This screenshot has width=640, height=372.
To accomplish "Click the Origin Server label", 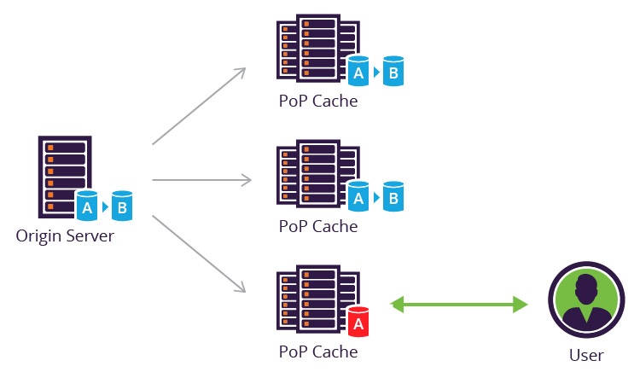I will [64, 235].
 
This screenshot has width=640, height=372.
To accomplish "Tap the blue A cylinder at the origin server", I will [86, 206].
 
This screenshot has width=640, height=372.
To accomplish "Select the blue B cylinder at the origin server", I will [122, 206].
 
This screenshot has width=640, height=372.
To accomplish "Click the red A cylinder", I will [358, 322].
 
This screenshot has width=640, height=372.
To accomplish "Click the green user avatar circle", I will [585, 302].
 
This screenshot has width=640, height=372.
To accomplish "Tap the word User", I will [585, 355].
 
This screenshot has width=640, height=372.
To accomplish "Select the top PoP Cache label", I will [317, 102].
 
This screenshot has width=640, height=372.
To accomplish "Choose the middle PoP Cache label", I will [317, 227].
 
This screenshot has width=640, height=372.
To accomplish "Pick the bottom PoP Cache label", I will [317, 351].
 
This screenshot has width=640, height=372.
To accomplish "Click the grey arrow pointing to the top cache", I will [200, 106].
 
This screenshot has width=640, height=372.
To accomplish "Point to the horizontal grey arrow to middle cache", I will [201, 180].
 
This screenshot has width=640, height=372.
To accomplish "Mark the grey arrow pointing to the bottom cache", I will [200, 253].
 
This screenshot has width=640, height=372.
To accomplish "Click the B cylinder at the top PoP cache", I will [393, 73].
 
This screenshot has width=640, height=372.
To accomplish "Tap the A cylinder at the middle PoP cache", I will [358, 198].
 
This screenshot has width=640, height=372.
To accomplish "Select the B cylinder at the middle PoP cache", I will [393, 198].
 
